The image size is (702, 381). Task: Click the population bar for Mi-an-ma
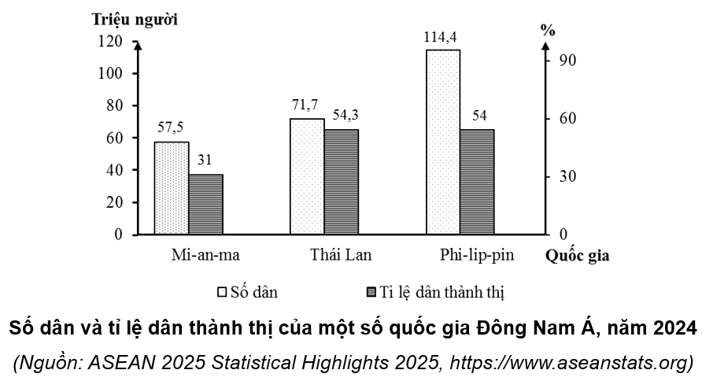(x=172, y=188)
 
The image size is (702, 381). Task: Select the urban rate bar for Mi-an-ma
(x=205, y=205)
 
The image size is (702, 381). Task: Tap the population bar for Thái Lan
(x=307, y=176)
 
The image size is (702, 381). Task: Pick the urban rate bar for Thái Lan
(x=342, y=182)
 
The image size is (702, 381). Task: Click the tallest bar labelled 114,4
(x=443, y=142)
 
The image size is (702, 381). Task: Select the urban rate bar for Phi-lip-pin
(x=477, y=182)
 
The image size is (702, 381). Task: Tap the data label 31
(x=205, y=161)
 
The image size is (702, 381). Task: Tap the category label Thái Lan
(x=340, y=256)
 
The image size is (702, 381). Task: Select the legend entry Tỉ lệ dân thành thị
(x=434, y=292)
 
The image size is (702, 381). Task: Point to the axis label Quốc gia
(x=577, y=256)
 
